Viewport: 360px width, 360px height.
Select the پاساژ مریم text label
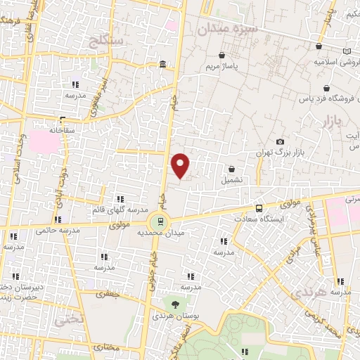pos(222,67)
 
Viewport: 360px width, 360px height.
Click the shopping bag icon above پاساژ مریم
pos(222,55)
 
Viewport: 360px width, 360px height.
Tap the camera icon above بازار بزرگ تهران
pos(281,142)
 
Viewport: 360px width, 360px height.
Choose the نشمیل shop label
pos(232,179)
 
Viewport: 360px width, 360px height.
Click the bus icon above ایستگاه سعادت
pos(259,208)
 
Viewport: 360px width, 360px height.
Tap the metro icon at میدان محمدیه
pos(160,221)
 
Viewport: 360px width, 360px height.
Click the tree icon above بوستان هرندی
pos(174,304)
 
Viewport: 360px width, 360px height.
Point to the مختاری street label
pos(107,348)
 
